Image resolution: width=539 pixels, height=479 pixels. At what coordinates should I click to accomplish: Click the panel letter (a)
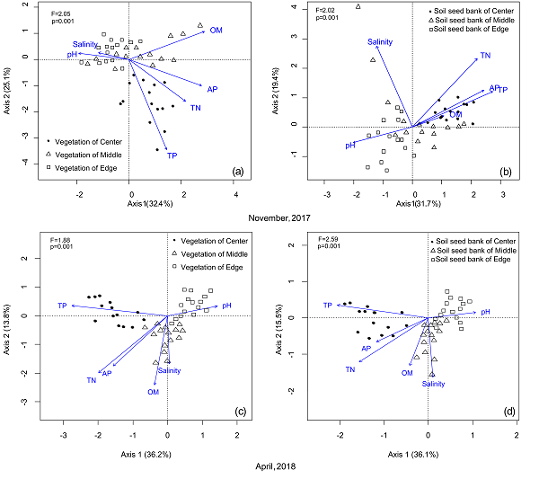pyautogui.click(x=238, y=171)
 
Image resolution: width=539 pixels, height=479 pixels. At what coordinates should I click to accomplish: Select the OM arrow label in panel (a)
pyautogui.click(x=216, y=31)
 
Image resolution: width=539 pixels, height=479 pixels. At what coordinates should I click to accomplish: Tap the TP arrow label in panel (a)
pyautogui.click(x=173, y=155)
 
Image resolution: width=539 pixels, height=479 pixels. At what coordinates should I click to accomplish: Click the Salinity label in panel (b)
pyautogui.click(x=379, y=41)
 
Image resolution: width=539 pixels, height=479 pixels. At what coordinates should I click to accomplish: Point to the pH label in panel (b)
pyautogui.click(x=351, y=145)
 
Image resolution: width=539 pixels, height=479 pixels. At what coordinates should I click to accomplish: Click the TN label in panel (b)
pyautogui.click(x=485, y=56)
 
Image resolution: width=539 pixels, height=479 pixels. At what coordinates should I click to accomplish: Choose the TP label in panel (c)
pyautogui.click(x=62, y=306)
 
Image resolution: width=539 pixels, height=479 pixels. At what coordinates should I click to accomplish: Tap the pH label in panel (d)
pyautogui.click(x=485, y=312)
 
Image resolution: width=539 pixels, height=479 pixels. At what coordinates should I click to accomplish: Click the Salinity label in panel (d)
pyautogui.click(x=434, y=384)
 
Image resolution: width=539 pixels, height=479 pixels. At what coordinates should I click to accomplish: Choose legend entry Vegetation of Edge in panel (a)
pyautogui.click(x=86, y=168)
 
